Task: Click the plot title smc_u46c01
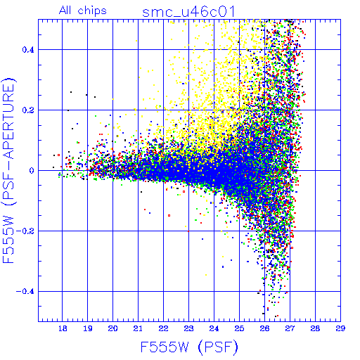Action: click(x=188, y=12)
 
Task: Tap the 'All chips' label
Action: click(x=83, y=11)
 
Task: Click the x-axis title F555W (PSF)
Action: click(x=189, y=347)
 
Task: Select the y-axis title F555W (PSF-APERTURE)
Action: click(x=9, y=170)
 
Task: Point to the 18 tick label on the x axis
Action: click(x=63, y=328)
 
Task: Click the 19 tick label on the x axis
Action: click(x=88, y=328)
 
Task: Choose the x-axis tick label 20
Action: click(x=112, y=328)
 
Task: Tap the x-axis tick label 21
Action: click(x=138, y=328)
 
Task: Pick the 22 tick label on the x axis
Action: click(x=163, y=328)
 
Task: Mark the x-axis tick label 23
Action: click(x=188, y=328)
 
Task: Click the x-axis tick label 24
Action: click(x=214, y=328)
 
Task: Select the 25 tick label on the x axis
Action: click(x=239, y=328)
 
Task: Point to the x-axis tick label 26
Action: click(x=264, y=328)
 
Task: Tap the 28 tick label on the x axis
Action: click(x=315, y=328)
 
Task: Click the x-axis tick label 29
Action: click(x=340, y=328)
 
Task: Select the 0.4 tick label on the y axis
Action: click(x=28, y=50)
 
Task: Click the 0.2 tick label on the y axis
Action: click(x=28, y=110)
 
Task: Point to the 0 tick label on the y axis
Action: click(x=32, y=171)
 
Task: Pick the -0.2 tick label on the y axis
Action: click(x=25, y=231)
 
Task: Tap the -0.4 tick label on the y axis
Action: click(x=25, y=292)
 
